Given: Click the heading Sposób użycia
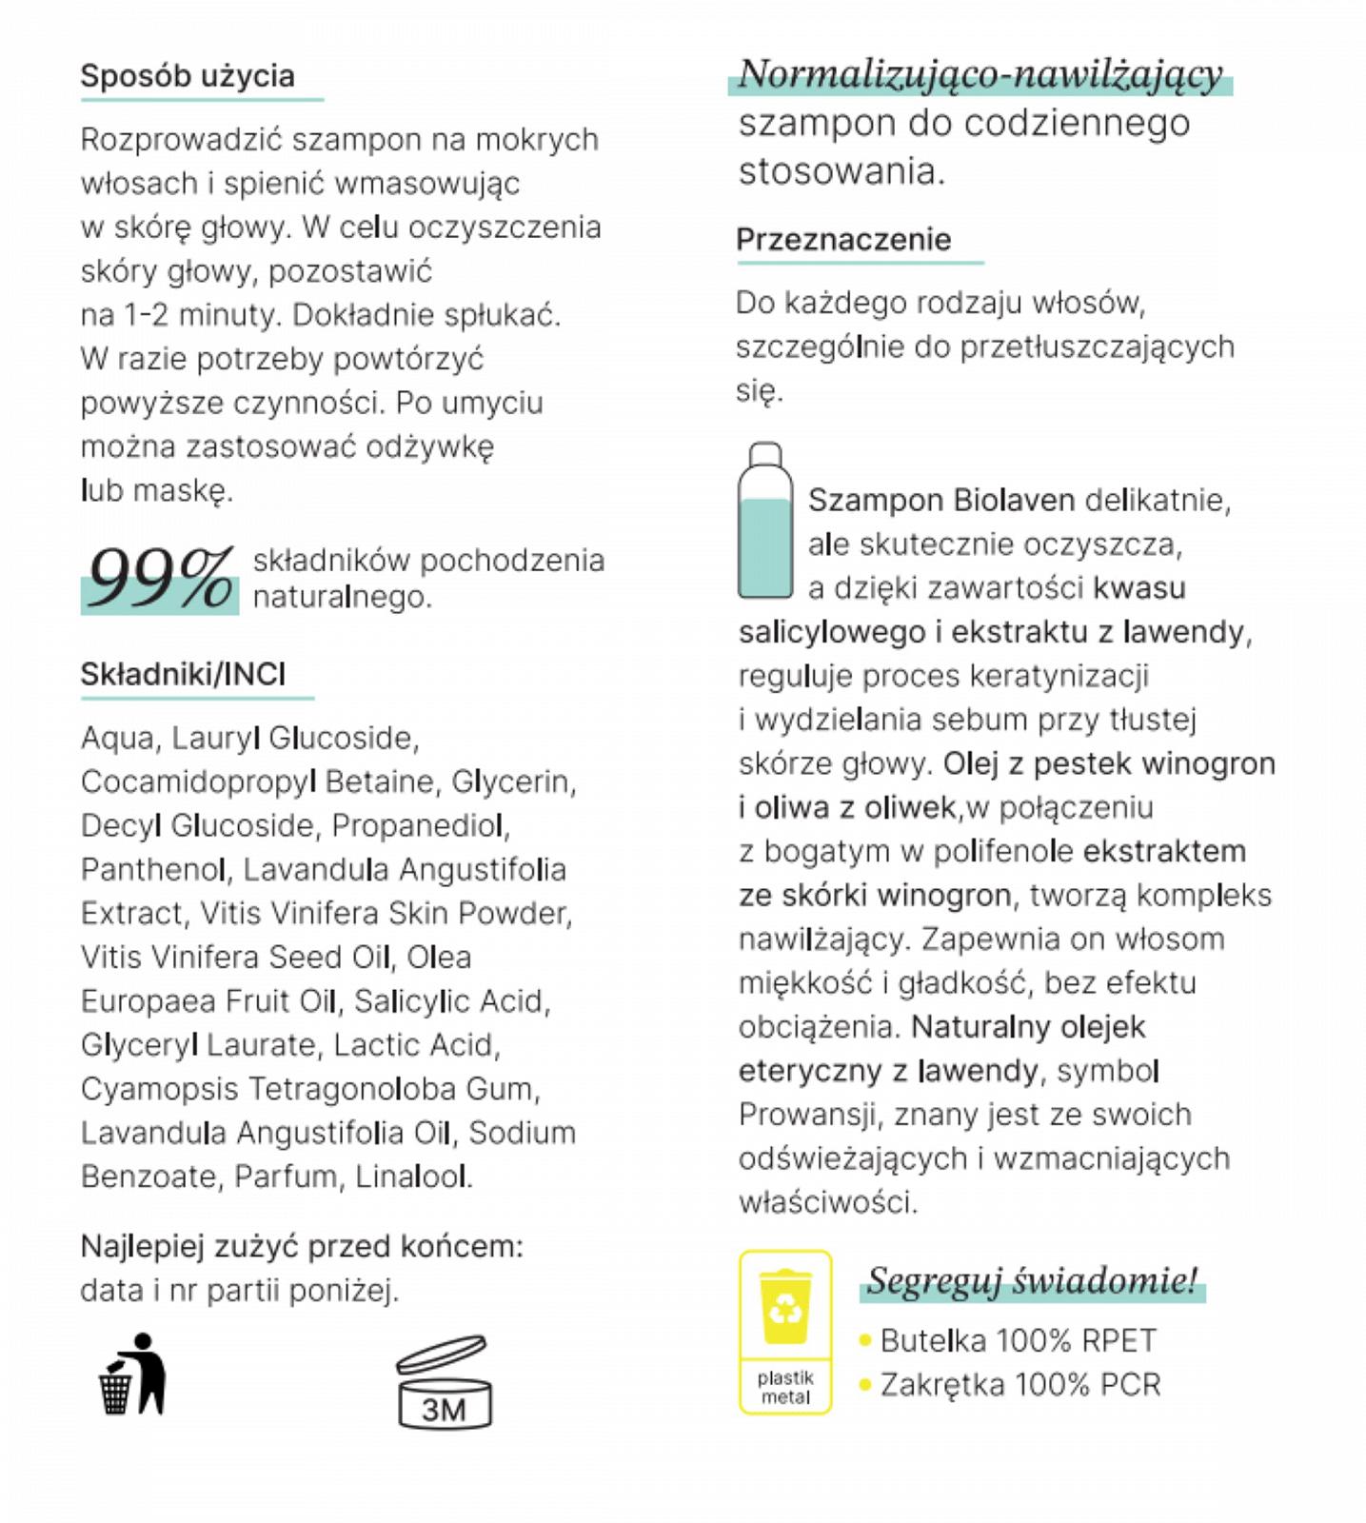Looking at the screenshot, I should click(188, 76).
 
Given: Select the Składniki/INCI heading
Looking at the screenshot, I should click(183, 674).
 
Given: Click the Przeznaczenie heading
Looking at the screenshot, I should click(843, 239).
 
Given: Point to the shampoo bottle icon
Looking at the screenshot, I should click(764, 522).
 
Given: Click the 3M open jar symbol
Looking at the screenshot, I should click(444, 1383).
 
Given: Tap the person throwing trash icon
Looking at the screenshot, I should click(133, 1375).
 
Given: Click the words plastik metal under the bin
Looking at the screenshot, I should click(785, 1387).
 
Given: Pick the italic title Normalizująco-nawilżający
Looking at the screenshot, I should click(980, 74).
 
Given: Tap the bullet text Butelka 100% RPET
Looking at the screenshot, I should click(1018, 1340).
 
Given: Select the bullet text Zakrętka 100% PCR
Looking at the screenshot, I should click(1020, 1384).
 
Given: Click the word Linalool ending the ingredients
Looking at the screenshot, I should click(412, 1177).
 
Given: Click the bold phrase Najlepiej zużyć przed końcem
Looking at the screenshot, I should click(301, 1246).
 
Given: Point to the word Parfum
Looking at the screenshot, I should click(286, 1177).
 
